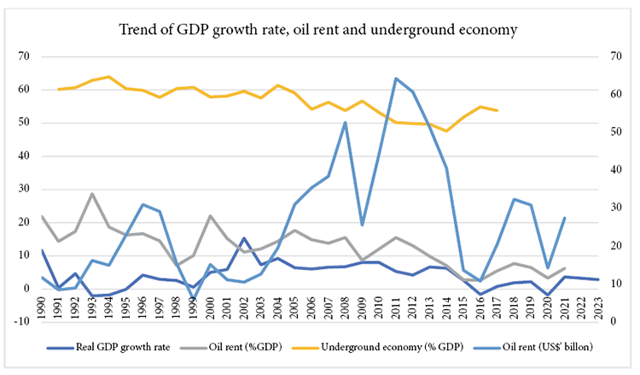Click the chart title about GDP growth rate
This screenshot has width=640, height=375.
[x=319, y=31]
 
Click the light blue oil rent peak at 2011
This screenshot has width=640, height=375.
[x=396, y=79]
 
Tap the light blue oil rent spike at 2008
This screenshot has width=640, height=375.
[x=345, y=122]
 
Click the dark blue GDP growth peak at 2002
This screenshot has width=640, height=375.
[x=243, y=238]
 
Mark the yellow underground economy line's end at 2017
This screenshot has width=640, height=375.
[x=497, y=111]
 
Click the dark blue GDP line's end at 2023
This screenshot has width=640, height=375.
[x=597, y=279]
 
